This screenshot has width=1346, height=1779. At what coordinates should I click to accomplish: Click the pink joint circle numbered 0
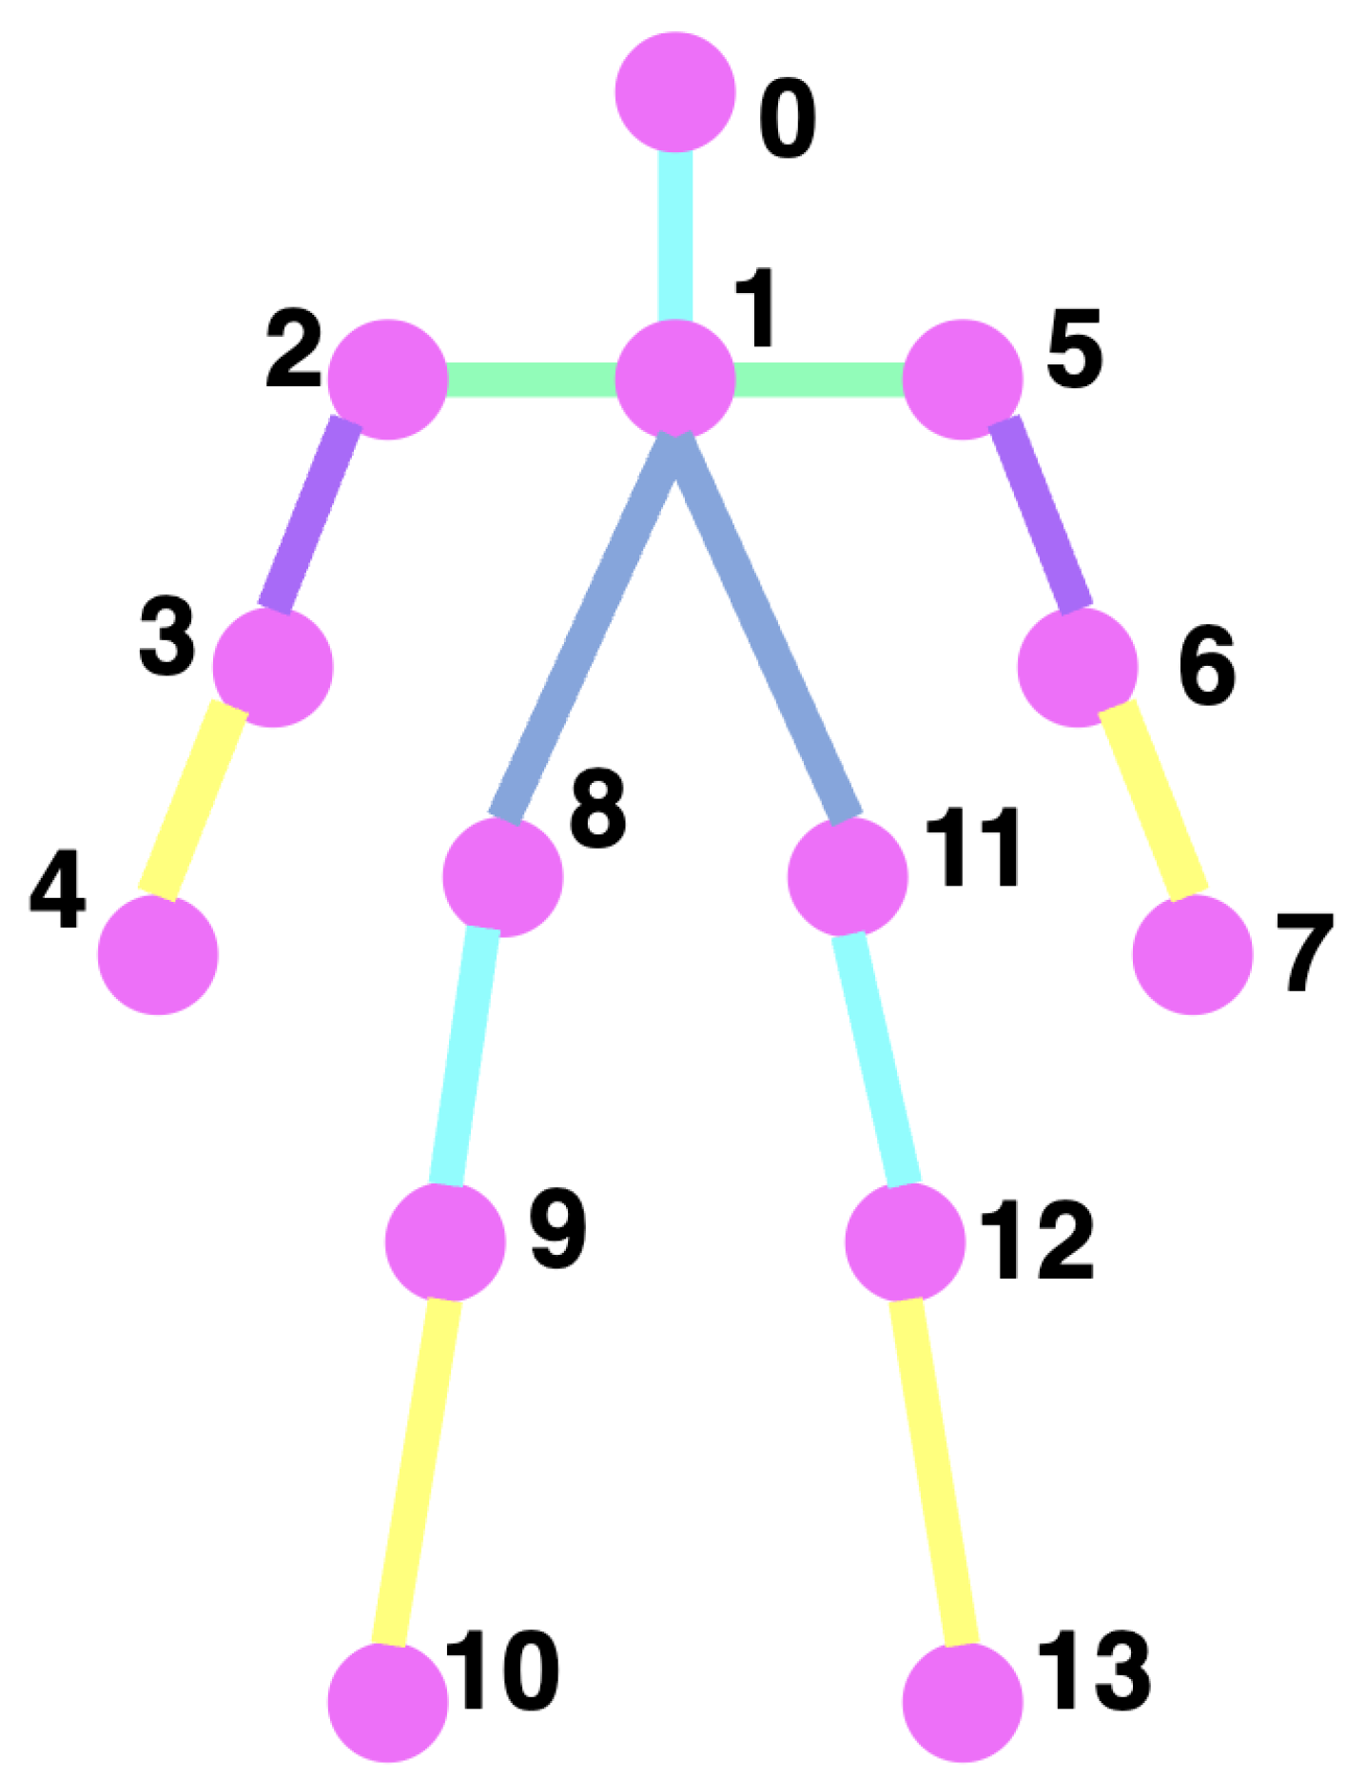coord(675,92)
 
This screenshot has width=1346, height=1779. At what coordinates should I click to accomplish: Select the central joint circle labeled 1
coord(675,379)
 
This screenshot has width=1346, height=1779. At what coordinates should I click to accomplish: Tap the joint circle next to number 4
coord(158,954)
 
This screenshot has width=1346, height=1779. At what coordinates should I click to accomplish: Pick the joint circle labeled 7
coord(1192,954)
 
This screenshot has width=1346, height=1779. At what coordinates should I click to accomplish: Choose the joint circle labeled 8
coord(502,876)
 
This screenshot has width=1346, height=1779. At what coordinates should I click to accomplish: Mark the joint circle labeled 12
coord(905,1241)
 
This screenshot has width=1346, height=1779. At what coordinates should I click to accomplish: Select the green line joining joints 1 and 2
coord(531,379)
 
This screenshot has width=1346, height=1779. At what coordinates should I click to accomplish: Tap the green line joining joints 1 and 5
coord(819,379)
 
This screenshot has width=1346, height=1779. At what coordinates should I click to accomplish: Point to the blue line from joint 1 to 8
coord(590,628)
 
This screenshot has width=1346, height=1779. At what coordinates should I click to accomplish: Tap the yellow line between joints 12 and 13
coord(933,1471)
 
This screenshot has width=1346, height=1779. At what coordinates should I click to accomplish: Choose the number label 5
coord(1075,349)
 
